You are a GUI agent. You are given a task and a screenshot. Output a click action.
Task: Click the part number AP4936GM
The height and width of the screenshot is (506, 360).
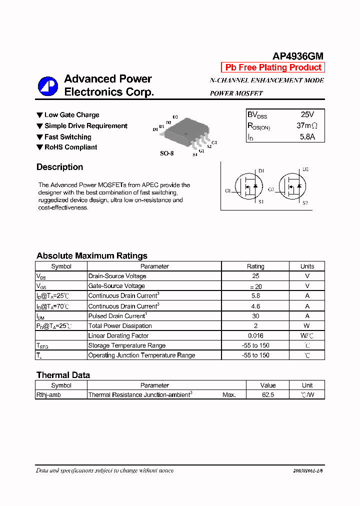pyautogui.click(x=298, y=56)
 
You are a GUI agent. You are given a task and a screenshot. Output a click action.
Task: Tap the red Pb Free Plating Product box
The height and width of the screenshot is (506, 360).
pyautogui.click(x=273, y=67)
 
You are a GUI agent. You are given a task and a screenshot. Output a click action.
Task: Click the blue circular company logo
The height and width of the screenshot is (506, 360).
pyautogui.click(x=48, y=86)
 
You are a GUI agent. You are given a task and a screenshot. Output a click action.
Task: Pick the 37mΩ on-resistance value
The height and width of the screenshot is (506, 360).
pyautogui.click(x=306, y=126)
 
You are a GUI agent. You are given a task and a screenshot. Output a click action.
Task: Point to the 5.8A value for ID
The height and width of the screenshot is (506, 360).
pyautogui.click(x=307, y=136)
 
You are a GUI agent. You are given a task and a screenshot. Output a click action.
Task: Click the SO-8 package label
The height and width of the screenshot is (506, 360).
pyautogui.click(x=166, y=153)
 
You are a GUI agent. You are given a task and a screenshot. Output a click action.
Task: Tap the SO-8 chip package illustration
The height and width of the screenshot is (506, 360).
pyautogui.click(x=184, y=131)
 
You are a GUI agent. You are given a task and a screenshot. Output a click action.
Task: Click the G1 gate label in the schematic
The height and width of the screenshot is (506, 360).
pyautogui.click(x=228, y=190)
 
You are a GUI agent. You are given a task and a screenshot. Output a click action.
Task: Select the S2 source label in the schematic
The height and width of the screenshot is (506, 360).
pyautogui.click(x=305, y=203)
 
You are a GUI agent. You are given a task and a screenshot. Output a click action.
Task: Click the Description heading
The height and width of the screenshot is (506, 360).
pyautogui.click(x=59, y=167)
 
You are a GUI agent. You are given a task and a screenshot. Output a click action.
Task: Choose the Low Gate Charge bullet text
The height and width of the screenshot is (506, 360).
pyautogui.click(x=71, y=115)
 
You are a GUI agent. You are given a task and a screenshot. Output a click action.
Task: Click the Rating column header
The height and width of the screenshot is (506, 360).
pyautogui.click(x=255, y=266)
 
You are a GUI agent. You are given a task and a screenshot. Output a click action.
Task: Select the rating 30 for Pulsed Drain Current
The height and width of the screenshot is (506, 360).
pyautogui.click(x=255, y=316)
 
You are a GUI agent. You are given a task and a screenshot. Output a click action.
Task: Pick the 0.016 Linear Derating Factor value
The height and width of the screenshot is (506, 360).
pyautogui.click(x=255, y=336)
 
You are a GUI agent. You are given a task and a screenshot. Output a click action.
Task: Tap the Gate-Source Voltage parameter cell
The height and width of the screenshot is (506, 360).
pyautogui.click(x=116, y=286)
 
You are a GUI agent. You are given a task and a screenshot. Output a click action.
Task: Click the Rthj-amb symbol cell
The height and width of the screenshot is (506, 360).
pyautogui.click(x=48, y=395)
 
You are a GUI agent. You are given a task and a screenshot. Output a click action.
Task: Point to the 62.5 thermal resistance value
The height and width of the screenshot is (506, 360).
pyautogui.click(x=268, y=395)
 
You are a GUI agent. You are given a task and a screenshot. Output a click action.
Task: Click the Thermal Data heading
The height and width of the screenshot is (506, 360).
pyautogui.click(x=63, y=375)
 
